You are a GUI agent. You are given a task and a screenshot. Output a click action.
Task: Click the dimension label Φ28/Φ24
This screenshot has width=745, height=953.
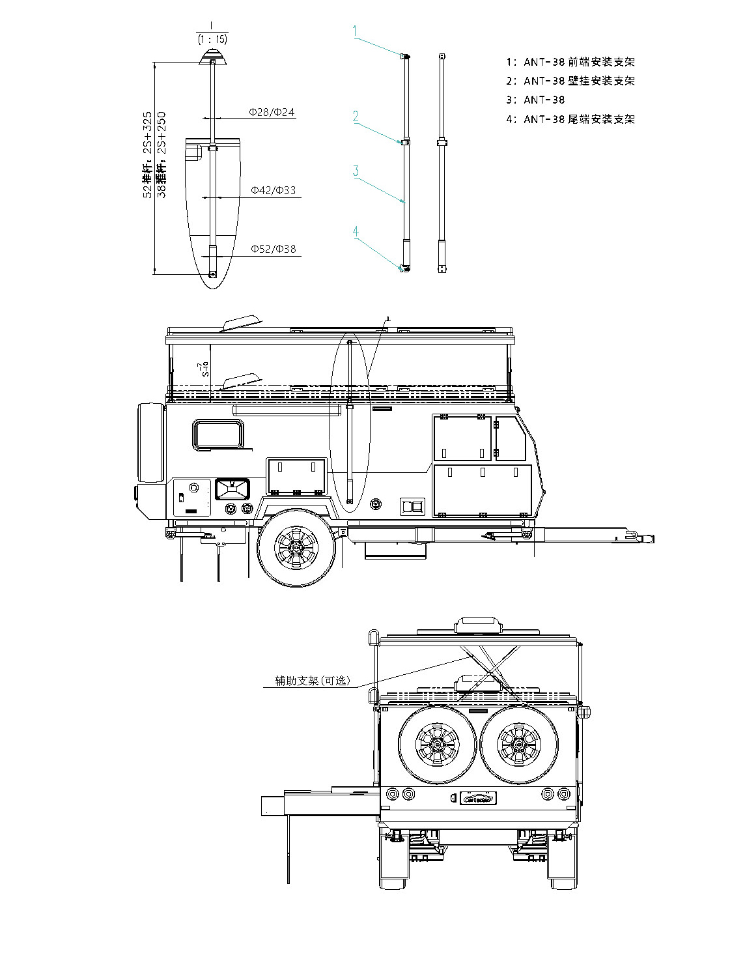(x=272, y=112)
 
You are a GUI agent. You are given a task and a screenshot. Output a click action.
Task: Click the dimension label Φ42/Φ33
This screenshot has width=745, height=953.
(x=273, y=190)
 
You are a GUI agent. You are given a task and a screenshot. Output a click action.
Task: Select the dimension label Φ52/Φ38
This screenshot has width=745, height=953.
(x=273, y=249)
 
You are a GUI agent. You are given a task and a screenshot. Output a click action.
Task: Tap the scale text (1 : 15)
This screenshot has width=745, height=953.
(x=212, y=39)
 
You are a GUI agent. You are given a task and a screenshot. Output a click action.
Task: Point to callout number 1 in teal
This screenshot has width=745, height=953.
(x=355, y=30)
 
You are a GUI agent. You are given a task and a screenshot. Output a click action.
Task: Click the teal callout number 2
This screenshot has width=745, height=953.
(x=356, y=116)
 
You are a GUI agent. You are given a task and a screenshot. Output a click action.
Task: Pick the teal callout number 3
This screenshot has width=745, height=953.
(x=356, y=171)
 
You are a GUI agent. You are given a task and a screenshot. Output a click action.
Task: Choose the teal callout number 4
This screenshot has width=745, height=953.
(x=356, y=231)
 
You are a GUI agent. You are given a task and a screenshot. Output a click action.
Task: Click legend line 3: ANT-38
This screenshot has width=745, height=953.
(x=535, y=100)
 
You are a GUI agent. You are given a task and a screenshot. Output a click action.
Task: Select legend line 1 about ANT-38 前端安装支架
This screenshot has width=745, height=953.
(x=570, y=62)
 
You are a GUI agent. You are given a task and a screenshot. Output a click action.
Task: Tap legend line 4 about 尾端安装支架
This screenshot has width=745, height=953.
(x=570, y=119)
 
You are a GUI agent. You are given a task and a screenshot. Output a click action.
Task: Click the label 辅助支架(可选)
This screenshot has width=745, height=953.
(x=313, y=681)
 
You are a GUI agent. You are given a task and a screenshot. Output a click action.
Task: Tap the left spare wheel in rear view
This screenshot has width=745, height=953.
(x=438, y=745)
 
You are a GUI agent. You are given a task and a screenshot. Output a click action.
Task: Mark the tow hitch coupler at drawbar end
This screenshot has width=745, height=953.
(x=645, y=539)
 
